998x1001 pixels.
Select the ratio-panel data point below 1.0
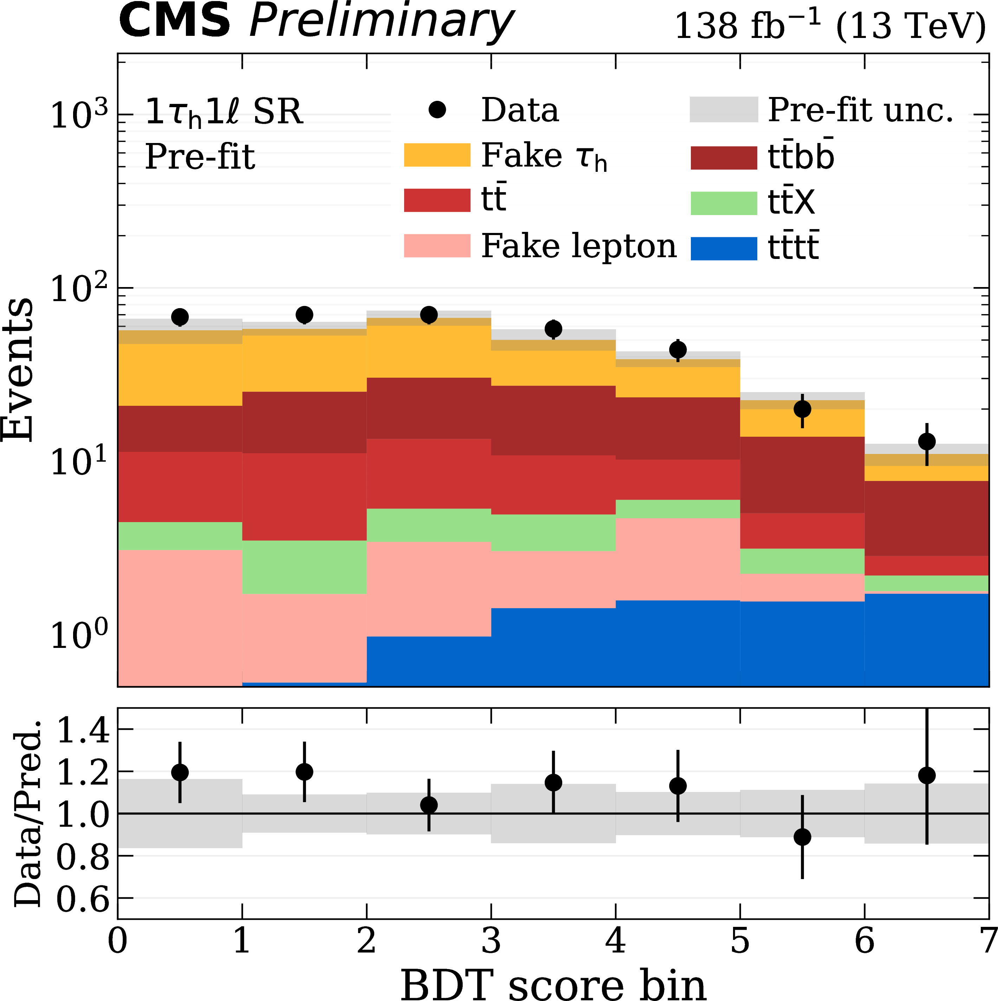tap(802, 837)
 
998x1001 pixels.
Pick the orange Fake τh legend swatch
tap(437, 155)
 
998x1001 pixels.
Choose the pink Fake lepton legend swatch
tap(437, 246)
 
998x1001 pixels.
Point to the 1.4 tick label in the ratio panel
tap(83, 731)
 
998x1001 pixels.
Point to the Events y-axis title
tap(18, 370)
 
